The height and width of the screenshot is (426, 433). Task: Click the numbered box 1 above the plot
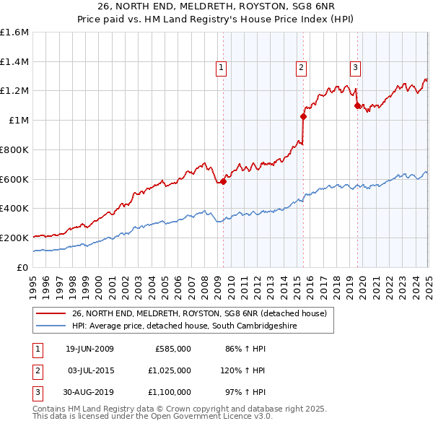click(220, 69)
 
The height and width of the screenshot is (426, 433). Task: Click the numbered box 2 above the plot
click(300, 69)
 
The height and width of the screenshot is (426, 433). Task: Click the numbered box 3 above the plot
click(355, 69)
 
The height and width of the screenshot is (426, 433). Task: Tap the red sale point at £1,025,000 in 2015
click(303, 116)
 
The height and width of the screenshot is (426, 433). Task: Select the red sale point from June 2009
click(224, 181)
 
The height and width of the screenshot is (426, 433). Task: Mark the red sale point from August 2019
click(357, 105)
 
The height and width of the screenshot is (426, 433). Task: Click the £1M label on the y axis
click(18, 121)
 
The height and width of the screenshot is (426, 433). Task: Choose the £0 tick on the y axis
click(23, 267)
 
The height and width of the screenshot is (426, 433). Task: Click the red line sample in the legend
click(51, 313)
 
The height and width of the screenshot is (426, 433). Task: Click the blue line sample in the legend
click(51, 326)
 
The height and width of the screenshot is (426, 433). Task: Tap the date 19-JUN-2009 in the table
click(89, 349)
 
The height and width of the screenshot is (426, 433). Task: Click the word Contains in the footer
click(51, 409)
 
